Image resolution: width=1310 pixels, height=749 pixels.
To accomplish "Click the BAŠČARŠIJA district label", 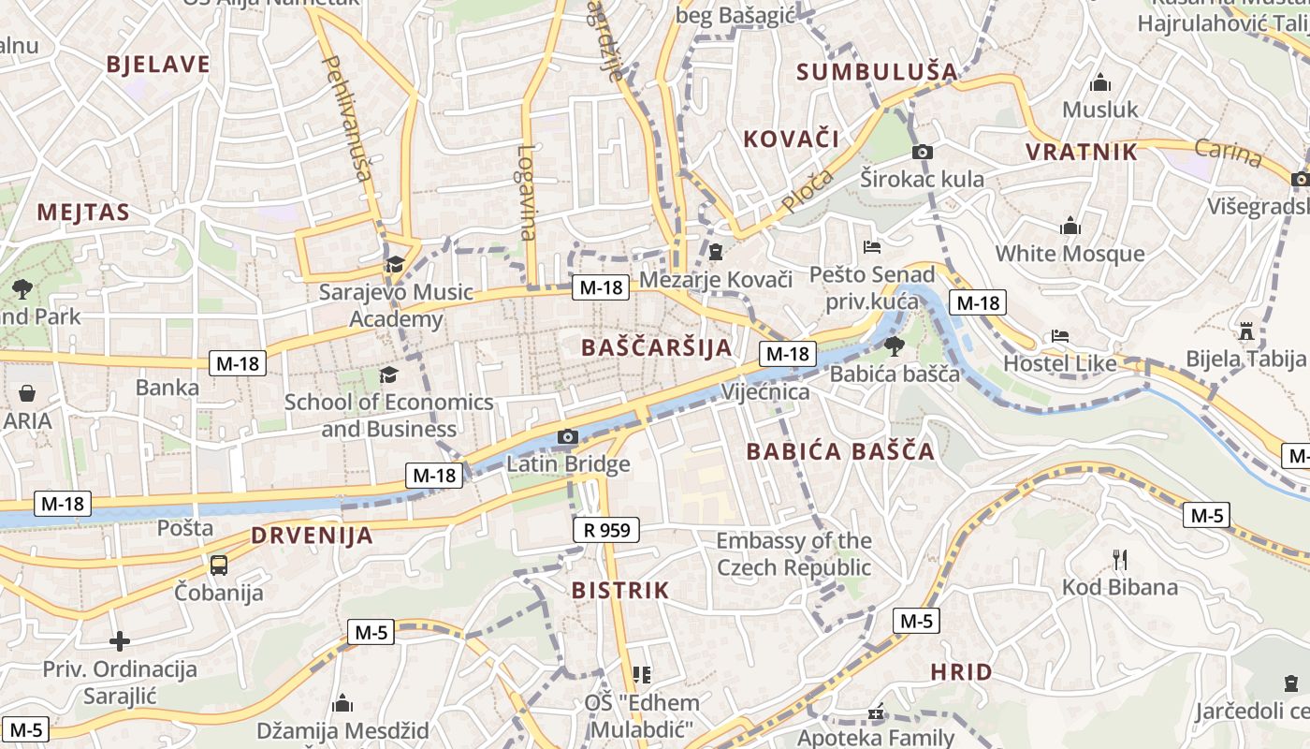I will click(656, 347).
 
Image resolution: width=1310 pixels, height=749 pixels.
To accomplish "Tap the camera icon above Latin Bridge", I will click(567, 436).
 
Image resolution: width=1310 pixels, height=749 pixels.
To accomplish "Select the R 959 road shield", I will click(605, 530).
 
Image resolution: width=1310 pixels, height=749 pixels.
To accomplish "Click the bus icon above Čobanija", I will click(219, 565).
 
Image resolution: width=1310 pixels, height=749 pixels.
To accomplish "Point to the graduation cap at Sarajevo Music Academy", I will click(395, 264).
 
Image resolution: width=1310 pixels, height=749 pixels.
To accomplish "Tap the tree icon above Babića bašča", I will click(894, 345).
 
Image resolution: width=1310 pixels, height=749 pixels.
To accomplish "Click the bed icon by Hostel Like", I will click(1060, 335).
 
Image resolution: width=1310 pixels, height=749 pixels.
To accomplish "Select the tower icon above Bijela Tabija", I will click(1245, 330).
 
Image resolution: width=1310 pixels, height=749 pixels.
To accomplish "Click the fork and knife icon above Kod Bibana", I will click(1119, 560).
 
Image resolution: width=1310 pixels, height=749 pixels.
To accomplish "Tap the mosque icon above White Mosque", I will click(1070, 227).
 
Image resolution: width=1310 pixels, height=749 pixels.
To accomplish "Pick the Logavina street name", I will click(528, 192).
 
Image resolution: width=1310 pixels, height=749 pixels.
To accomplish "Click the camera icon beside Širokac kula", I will click(922, 152).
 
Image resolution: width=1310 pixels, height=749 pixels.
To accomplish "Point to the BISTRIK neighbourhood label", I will click(620, 590).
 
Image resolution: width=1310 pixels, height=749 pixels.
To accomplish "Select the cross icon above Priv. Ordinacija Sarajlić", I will click(120, 641).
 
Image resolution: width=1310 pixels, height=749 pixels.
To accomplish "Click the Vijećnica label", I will click(764, 391).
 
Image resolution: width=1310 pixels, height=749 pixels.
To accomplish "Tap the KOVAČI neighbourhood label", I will click(791, 140).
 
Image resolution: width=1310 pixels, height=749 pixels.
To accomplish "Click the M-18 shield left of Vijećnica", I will click(787, 354).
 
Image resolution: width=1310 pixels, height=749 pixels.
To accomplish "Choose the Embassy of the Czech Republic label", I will click(793, 553).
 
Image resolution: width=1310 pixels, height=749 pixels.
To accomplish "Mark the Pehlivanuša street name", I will click(346, 117).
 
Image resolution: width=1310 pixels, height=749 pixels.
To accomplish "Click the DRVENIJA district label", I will click(312, 536).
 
